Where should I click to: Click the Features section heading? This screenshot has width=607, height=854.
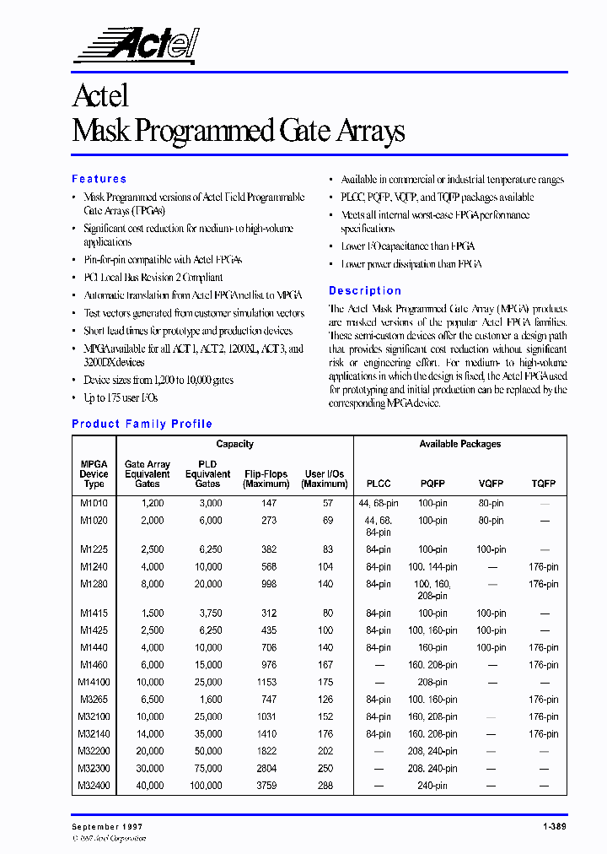click(99, 179)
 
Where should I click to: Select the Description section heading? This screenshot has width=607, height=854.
click(365, 290)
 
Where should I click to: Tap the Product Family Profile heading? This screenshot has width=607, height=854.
click(142, 424)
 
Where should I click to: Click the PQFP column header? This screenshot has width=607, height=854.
click(432, 484)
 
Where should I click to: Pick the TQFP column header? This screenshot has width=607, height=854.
click(544, 484)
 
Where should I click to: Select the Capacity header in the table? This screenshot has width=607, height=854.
click(234, 444)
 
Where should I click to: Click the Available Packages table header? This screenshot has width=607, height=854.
click(459, 444)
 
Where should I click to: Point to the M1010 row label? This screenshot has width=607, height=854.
click(94, 503)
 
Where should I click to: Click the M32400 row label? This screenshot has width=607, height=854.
click(94, 786)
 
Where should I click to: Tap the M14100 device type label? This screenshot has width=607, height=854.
click(94, 682)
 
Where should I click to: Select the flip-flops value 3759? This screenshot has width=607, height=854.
click(266, 786)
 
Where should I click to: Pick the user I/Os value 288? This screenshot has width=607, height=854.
click(325, 786)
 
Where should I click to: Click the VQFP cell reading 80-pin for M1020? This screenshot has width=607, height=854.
click(491, 521)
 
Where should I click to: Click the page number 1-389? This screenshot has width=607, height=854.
click(552, 827)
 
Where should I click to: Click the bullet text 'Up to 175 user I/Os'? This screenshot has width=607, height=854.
click(121, 397)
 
